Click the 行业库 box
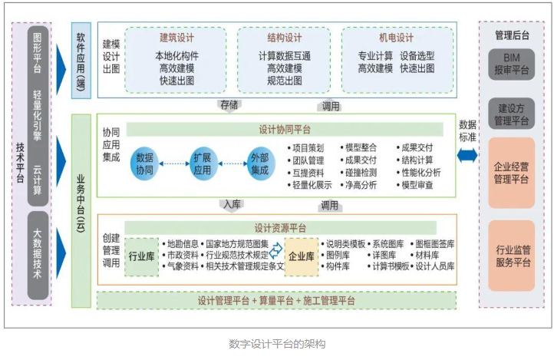coord(142,256)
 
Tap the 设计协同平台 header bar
coord(284,128)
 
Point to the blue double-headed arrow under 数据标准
coord(467,156)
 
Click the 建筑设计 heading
coord(176,38)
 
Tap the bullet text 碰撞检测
coord(361,172)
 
